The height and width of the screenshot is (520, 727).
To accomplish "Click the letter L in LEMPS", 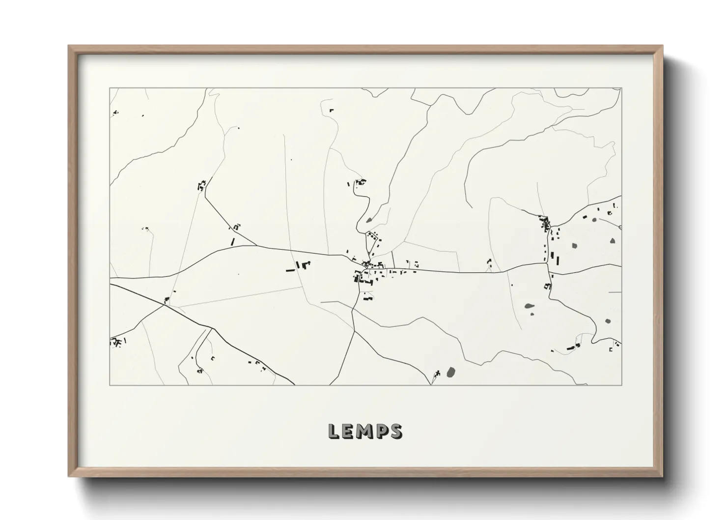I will (x=333, y=431).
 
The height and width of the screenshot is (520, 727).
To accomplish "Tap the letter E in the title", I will (x=348, y=431).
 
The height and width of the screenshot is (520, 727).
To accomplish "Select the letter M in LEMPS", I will (x=364, y=431).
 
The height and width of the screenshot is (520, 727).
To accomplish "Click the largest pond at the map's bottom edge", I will (x=450, y=372).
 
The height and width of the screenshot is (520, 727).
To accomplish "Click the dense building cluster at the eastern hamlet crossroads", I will (x=545, y=224).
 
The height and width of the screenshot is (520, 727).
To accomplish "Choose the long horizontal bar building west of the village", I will (x=290, y=270).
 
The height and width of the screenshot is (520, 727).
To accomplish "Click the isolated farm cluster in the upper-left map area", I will (x=201, y=185).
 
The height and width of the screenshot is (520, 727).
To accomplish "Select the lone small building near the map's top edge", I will (x=331, y=110).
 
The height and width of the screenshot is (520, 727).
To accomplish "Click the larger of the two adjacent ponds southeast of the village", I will (x=529, y=306).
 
